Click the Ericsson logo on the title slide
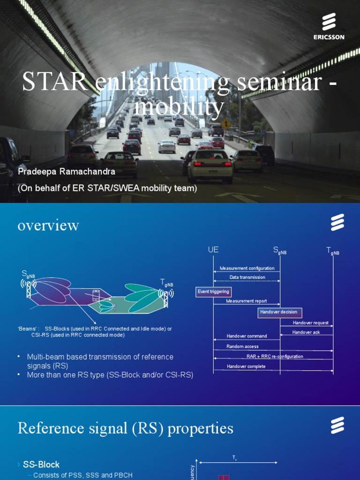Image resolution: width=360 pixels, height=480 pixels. point(329,27)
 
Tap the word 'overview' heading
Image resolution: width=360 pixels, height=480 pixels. point(48,225)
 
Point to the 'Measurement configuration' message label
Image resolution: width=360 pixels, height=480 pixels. point(247,269)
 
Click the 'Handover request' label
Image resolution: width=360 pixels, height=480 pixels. point(310,323)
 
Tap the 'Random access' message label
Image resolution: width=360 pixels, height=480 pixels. point(242,347)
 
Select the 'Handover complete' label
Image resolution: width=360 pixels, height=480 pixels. point(246,367)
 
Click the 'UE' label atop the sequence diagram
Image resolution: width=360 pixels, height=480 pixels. point(213,250)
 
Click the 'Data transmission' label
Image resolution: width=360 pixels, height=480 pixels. point(247,277)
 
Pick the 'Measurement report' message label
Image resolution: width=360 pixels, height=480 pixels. point(246,301)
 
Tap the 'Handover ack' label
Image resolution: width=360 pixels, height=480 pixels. point(306,332)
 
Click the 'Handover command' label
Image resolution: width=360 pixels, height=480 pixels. point(247,336)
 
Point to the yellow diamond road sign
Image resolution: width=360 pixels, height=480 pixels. point(226,124)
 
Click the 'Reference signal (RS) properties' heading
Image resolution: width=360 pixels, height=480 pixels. point(125,428)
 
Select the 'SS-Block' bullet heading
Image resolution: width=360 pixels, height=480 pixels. point(41,465)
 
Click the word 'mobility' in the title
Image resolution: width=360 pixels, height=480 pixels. point(179,107)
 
